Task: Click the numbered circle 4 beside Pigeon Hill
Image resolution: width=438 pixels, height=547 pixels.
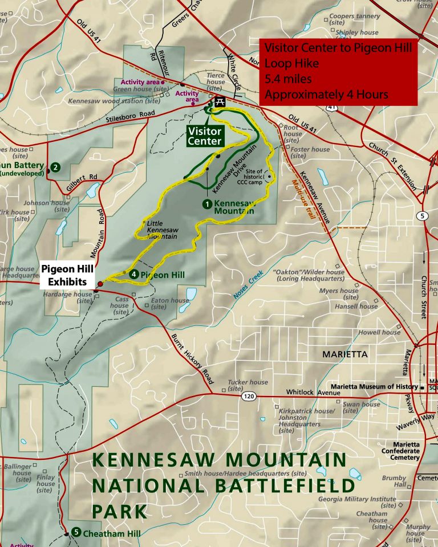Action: click(133, 275)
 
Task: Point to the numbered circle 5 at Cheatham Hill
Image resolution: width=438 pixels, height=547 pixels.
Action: click(76, 532)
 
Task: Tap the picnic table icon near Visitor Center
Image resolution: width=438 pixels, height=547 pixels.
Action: click(219, 101)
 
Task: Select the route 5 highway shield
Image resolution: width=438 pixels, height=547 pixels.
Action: click(421, 215)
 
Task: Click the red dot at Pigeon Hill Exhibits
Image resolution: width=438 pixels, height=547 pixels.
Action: click(100, 283)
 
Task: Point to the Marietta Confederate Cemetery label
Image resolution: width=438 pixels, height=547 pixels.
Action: click(407, 451)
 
